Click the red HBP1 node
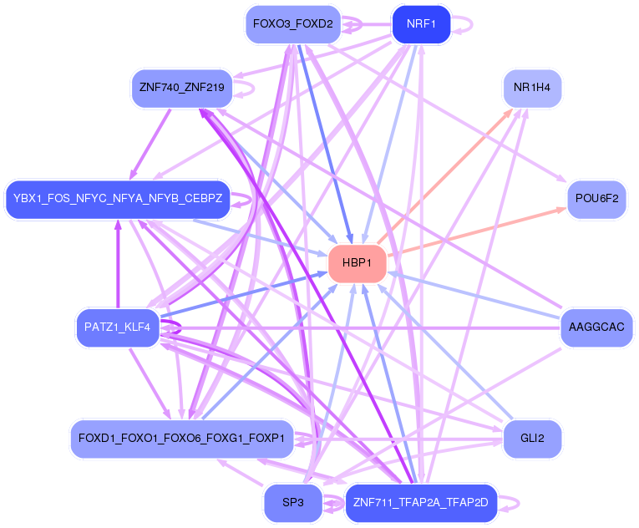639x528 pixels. click(358, 263)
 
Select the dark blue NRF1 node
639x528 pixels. click(421, 24)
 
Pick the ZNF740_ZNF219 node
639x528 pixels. click(183, 87)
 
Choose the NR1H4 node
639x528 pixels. click(531, 87)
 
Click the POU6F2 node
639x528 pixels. click(596, 200)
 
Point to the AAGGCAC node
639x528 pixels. click(596, 327)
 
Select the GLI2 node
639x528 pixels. click(531, 439)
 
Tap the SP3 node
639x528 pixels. click(292, 503)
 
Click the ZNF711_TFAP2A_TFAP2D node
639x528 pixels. click(420, 503)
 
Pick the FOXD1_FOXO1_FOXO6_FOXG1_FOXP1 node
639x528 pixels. click(181, 439)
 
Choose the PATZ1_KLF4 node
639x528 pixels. click(117, 327)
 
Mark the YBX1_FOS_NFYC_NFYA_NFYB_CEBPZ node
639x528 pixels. click(117, 200)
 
